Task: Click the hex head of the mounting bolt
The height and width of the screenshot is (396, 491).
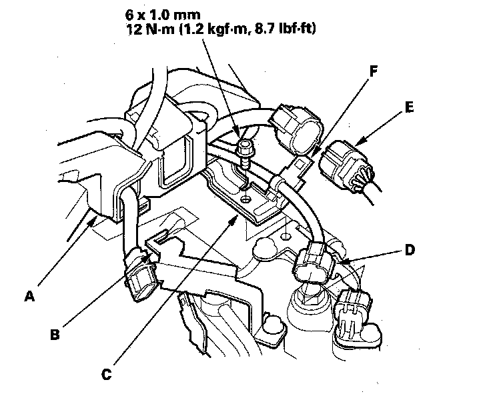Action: (246, 145)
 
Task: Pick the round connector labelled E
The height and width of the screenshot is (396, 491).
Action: (342, 163)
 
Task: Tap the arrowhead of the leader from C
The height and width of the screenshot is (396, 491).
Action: (235, 215)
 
